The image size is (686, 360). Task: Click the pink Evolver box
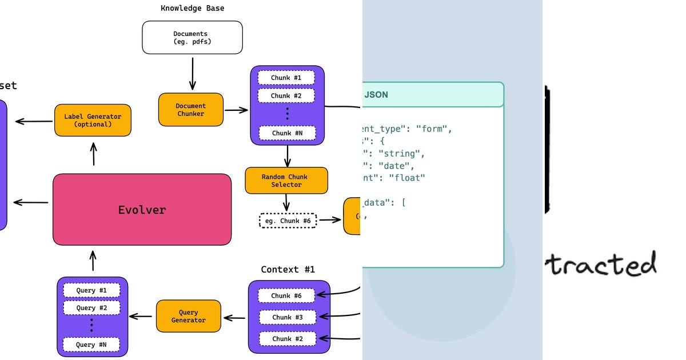click(x=142, y=210)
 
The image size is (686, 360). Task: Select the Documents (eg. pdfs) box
click(x=192, y=38)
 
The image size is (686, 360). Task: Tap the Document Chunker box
click(x=191, y=110)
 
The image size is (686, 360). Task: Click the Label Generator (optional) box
click(x=93, y=120)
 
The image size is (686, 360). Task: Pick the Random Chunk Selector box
click(x=286, y=181)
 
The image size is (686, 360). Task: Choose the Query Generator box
click(x=189, y=316)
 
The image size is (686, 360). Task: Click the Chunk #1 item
click(x=286, y=78)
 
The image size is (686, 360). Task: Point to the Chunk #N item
click(x=286, y=133)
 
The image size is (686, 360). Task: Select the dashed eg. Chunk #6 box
click(x=288, y=221)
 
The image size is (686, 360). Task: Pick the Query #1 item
click(x=91, y=290)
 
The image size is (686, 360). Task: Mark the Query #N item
click(x=91, y=345)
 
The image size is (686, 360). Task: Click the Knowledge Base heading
click(x=192, y=8)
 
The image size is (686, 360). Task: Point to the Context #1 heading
click(x=288, y=269)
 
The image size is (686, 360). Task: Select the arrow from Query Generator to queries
click(x=142, y=316)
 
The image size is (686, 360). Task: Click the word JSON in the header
click(x=376, y=95)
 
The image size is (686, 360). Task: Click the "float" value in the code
click(x=406, y=178)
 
